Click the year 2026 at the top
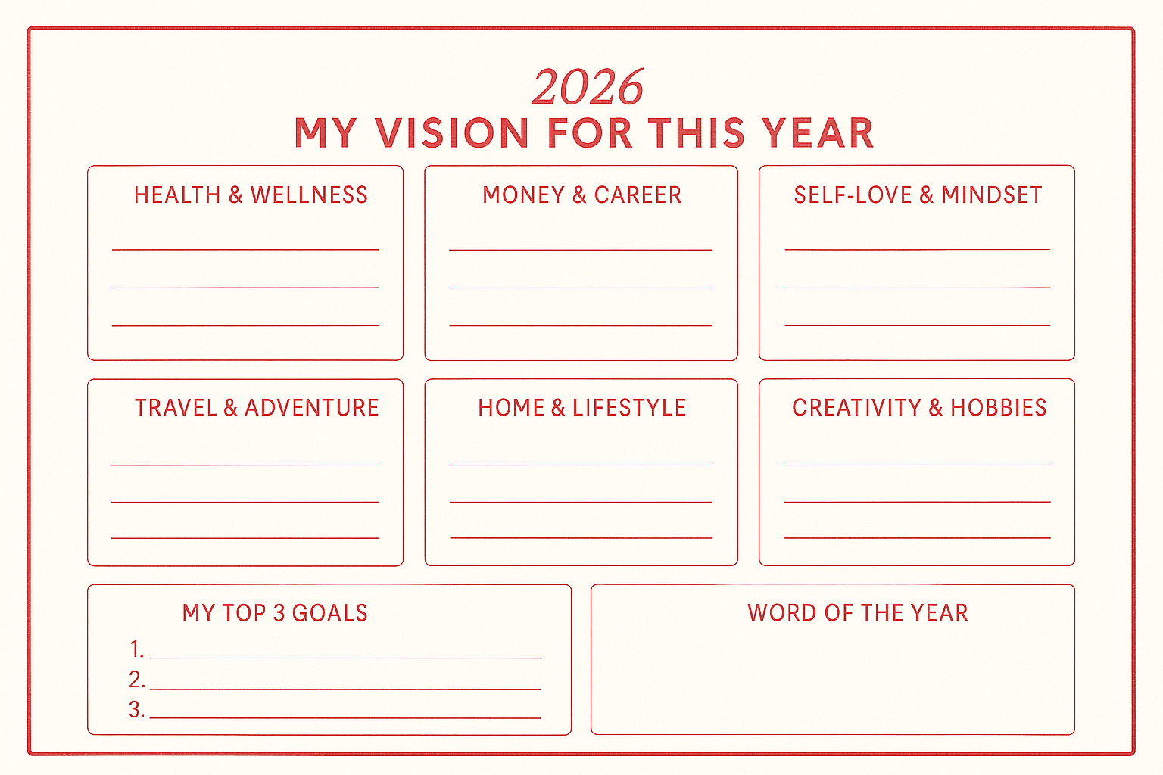pyautogui.click(x=588, y=87)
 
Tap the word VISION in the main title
pyautogui.click(x=452, y=133)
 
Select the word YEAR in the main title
pyautogui.click(x=818, y=133)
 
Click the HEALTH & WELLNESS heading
pyautogui.click(x=251, y=195)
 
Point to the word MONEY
pyautogui.click(x=523, y=195)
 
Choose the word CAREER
pyautogui.click(x=638, y=195)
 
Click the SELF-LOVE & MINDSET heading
pyautogui.click(x=918, y=195)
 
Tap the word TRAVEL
pyautogui.click(x=176, y=408)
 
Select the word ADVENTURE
pyautogui.click(x=311, y=408)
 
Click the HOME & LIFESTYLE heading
pyautogui.click(x=582, y=408)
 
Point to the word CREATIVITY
pyautogui.click(x=857, y=408)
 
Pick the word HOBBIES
pyautogui.click(x=999, y=408)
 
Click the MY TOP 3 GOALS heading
pyautogui.click(x=275, y=613)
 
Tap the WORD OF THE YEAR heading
pyautogui.click(x=858, y=613)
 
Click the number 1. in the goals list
pyautogui.click(x=136, y=649)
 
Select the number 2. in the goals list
pyautogui.click(x=136, y=680)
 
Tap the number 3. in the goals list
pyautogui.click(x=136, y=710)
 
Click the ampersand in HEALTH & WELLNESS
pyautogui.click(x=235, y=195)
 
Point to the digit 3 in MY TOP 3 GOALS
pyautogui.click(x=279, y=613)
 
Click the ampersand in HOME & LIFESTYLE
pyautogui.click(x=558, y=408)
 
